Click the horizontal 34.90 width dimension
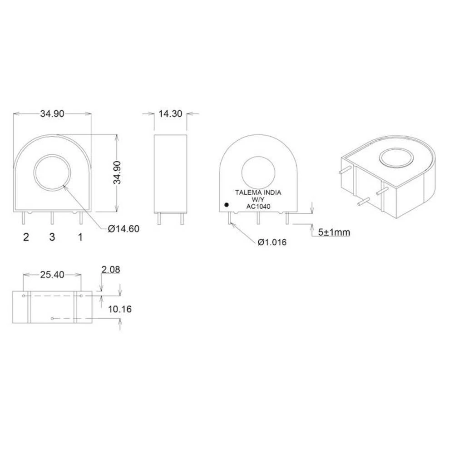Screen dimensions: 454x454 pos(52,114)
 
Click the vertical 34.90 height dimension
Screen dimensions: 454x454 pos(118,173)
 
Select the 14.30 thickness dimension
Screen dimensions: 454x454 pos(170,114)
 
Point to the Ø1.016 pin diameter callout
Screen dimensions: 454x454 pos(272,242)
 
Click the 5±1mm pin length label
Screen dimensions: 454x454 pos(334,232)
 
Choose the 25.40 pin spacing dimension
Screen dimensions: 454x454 pos(52,274)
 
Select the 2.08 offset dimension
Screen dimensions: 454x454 pos(111,270)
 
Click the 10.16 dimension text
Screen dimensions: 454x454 pos(120,309)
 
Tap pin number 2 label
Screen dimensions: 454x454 pos(26,237)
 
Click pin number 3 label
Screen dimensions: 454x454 pos(52,237)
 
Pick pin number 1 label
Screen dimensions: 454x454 pos(80,237)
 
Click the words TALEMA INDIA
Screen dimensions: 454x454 pos(258,192)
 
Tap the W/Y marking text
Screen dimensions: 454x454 pos(258,200)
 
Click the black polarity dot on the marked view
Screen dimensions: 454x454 pos(226,205)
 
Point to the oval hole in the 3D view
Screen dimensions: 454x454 pos(396,158)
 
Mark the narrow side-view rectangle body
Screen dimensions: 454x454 pos(171,173)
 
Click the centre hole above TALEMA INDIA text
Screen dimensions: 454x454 pos(258,172)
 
